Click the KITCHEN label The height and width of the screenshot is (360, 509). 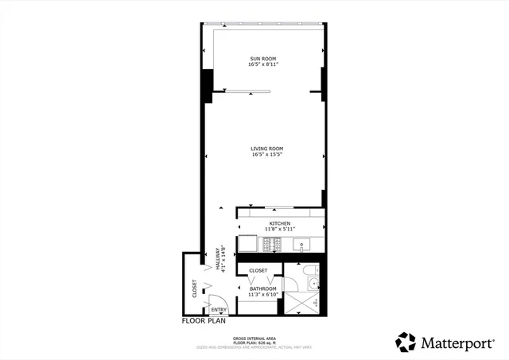pos(278,223)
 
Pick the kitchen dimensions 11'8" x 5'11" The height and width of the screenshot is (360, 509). pos(278,230)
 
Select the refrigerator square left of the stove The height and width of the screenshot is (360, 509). pos(249,245)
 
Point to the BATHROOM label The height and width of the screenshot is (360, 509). pos(263,288)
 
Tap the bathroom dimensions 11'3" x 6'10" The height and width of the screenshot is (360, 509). pos(263,295)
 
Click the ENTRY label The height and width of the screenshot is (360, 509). pos(220,310)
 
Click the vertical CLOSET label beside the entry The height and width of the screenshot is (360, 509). pos(193,288)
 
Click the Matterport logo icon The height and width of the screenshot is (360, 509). pos(406,342)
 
